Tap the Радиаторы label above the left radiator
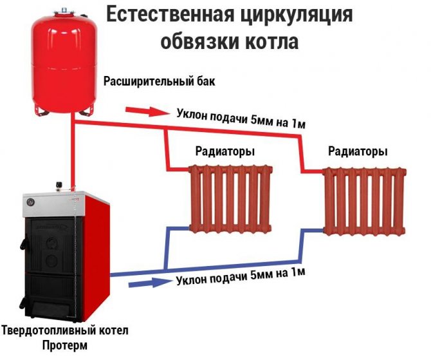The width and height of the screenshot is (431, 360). point(224,151)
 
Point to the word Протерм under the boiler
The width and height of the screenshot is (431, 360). point(66,345)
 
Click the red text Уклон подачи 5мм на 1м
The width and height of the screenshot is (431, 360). point(240,115)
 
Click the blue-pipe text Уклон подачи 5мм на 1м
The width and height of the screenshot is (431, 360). point(239,278)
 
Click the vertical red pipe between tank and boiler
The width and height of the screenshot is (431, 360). point(75,155)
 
